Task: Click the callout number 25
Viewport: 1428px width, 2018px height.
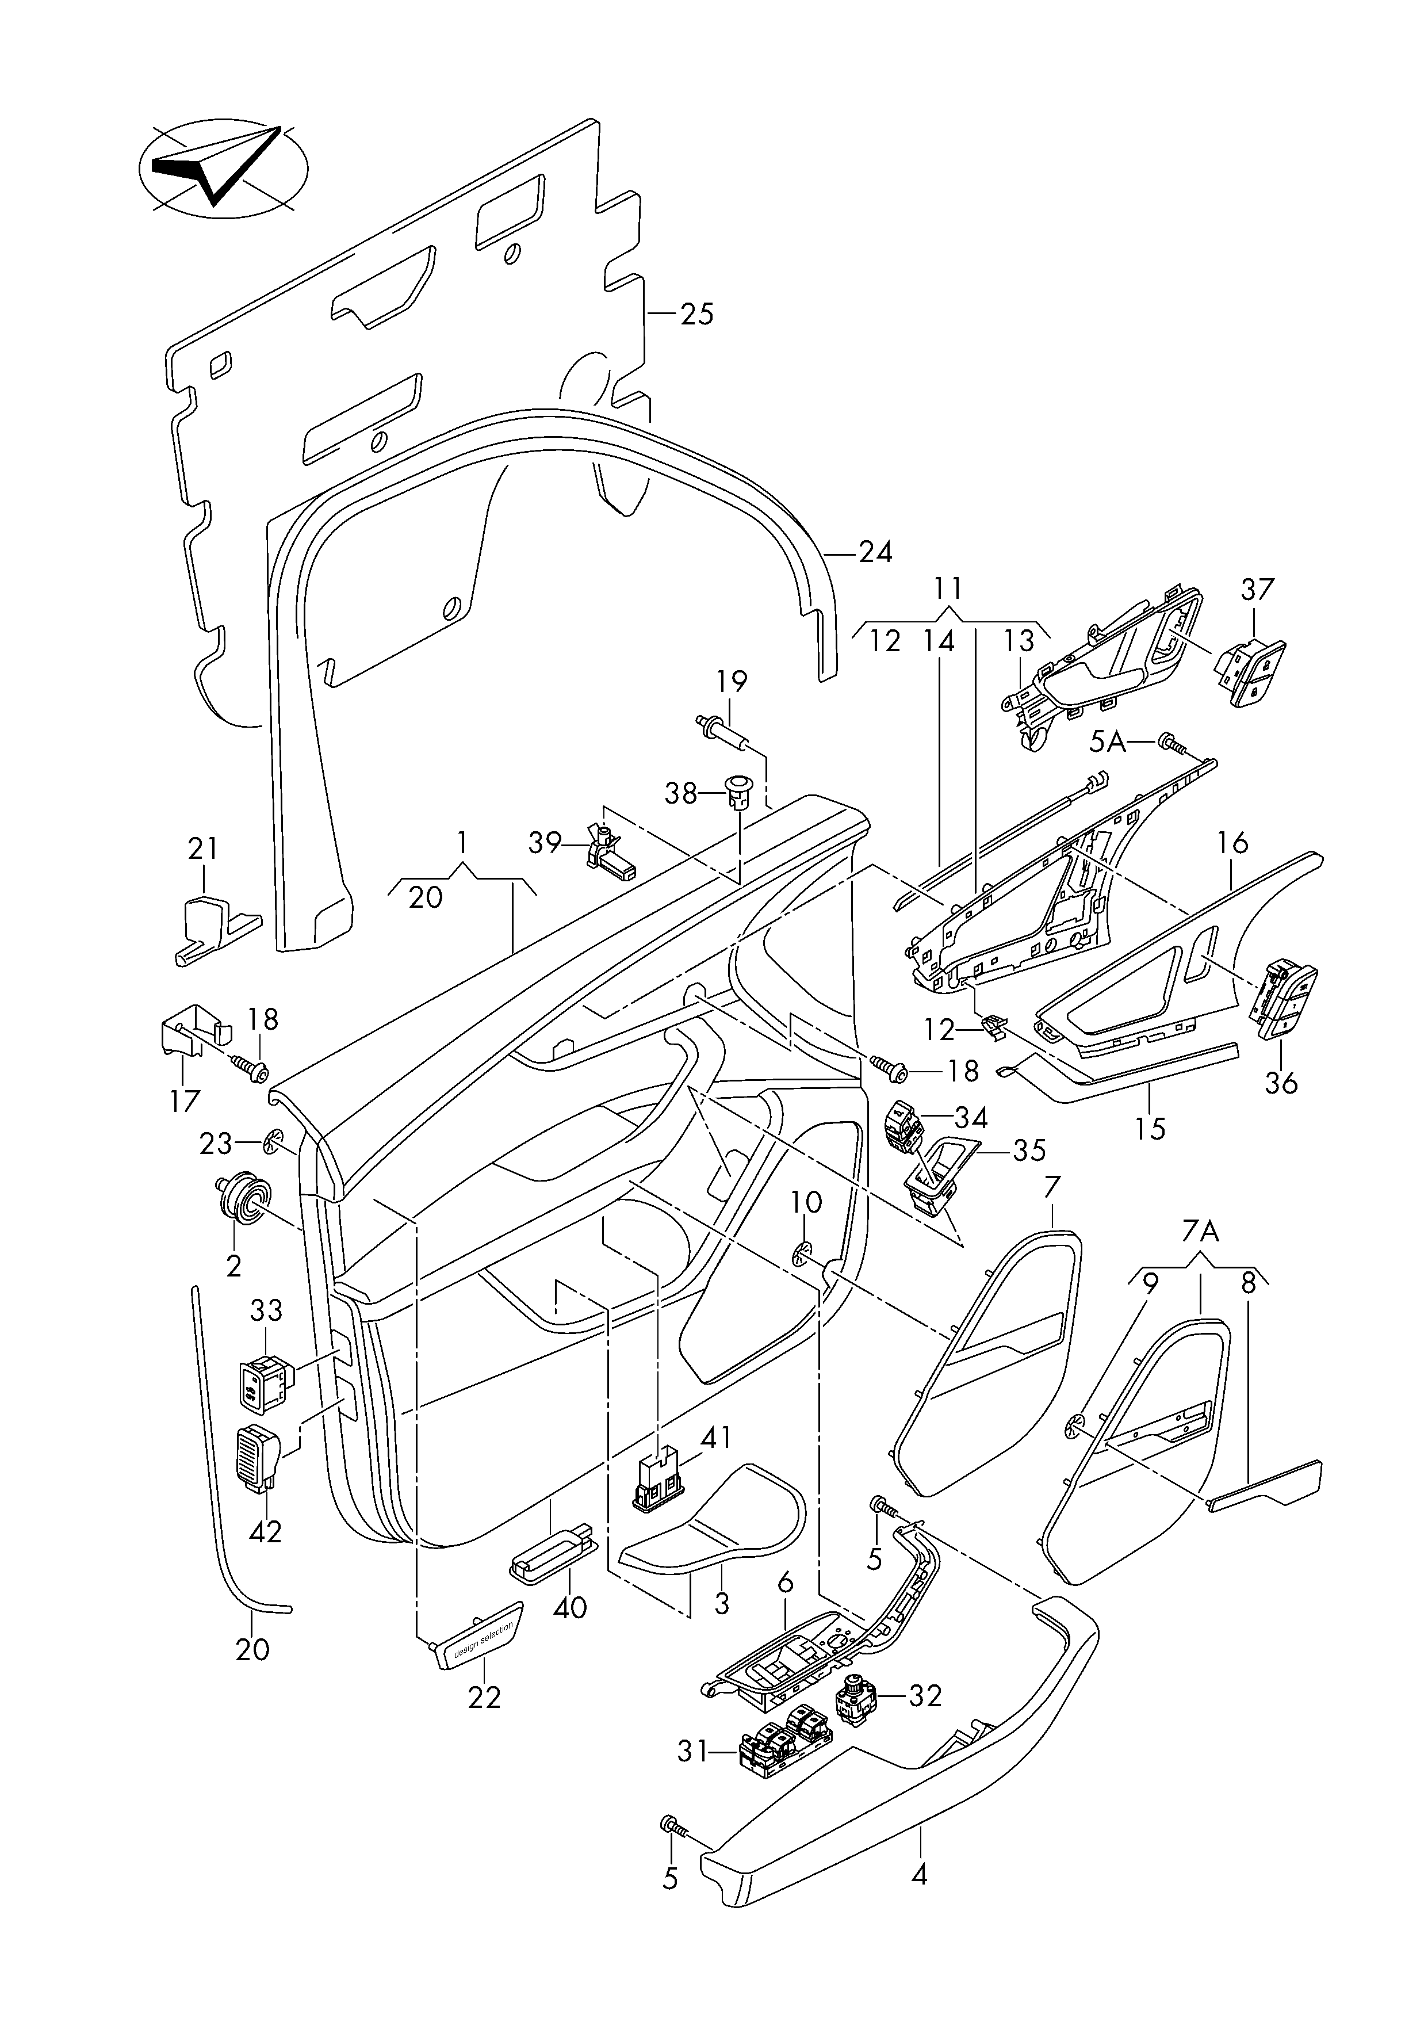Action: tap(697, 314)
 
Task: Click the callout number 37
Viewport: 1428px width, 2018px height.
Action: tap(1257, 588)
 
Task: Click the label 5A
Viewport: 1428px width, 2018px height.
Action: tap(1107, 743)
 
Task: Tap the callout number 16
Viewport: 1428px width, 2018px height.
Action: tap(1233, 843)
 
